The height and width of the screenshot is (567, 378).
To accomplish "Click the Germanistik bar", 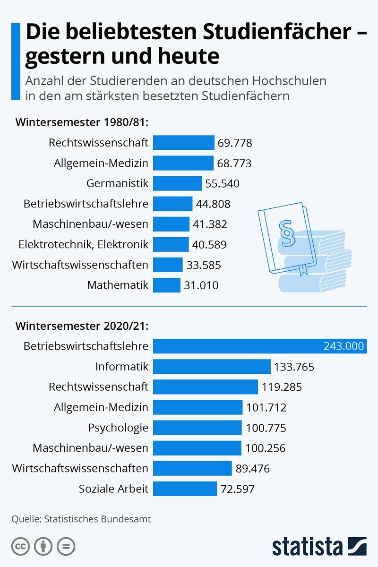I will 178,183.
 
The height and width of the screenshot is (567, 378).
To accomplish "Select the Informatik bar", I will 212,367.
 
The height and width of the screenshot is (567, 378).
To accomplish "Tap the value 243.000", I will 344,346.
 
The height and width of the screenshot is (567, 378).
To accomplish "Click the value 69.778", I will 235,143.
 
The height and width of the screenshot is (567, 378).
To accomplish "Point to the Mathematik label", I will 118,285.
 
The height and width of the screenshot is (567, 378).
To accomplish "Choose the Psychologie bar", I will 198,428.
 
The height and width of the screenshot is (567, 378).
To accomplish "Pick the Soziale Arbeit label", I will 113,489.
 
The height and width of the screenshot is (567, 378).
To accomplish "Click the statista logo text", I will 307,546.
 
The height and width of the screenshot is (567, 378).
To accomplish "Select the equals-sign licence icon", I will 66,546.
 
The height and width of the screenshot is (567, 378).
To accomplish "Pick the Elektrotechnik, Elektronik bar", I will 171,244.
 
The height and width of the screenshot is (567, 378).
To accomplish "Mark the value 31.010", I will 202,285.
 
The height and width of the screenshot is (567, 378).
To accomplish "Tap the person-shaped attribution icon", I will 43,546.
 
